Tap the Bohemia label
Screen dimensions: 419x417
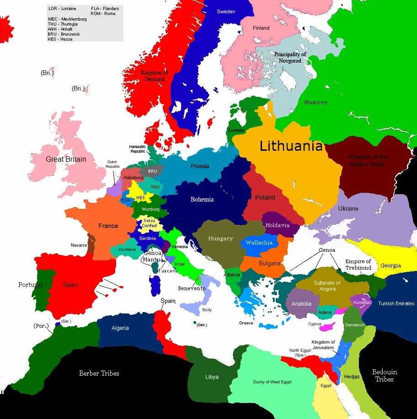tap(202, 199)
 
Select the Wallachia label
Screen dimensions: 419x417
tap(259, 243)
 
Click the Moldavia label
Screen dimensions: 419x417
tap(278, 225)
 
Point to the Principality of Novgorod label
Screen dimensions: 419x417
tap(290, 58)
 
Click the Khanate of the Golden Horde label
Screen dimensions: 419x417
tap(368, 160)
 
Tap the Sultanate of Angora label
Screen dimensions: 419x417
tap(327, 286)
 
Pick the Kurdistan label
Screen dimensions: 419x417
tap(362, 302)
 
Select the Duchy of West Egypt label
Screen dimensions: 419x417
tap(272, 382)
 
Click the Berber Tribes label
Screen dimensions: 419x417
tap(99, 373)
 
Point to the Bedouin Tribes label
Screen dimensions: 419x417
tap(385, 376)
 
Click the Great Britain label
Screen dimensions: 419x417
tap(66, 159)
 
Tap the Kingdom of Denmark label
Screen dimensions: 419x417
tap(154, 76)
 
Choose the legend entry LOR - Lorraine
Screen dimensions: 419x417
tap(62, 9)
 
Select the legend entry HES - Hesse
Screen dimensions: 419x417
tap(60, 39)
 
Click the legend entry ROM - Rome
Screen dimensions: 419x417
tap(103, 14)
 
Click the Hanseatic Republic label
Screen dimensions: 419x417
tap(138, 149)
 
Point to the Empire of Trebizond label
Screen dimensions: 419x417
tap(358, 265)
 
